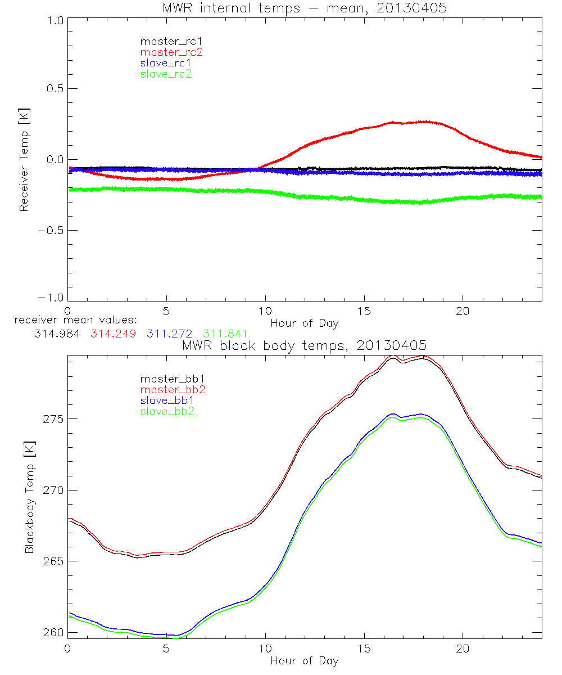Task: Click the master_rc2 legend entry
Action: coord(171,52)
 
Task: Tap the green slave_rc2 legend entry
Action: coord(166,74)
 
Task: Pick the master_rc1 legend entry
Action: coord(171,42)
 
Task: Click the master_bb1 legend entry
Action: coord(171,379)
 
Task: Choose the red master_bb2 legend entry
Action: coord(171,389)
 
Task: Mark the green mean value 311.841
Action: coord(225,334)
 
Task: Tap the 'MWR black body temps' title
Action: coord(304,345)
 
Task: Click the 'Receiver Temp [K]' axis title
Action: coord(24,159)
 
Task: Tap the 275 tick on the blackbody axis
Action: coord(53,420)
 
